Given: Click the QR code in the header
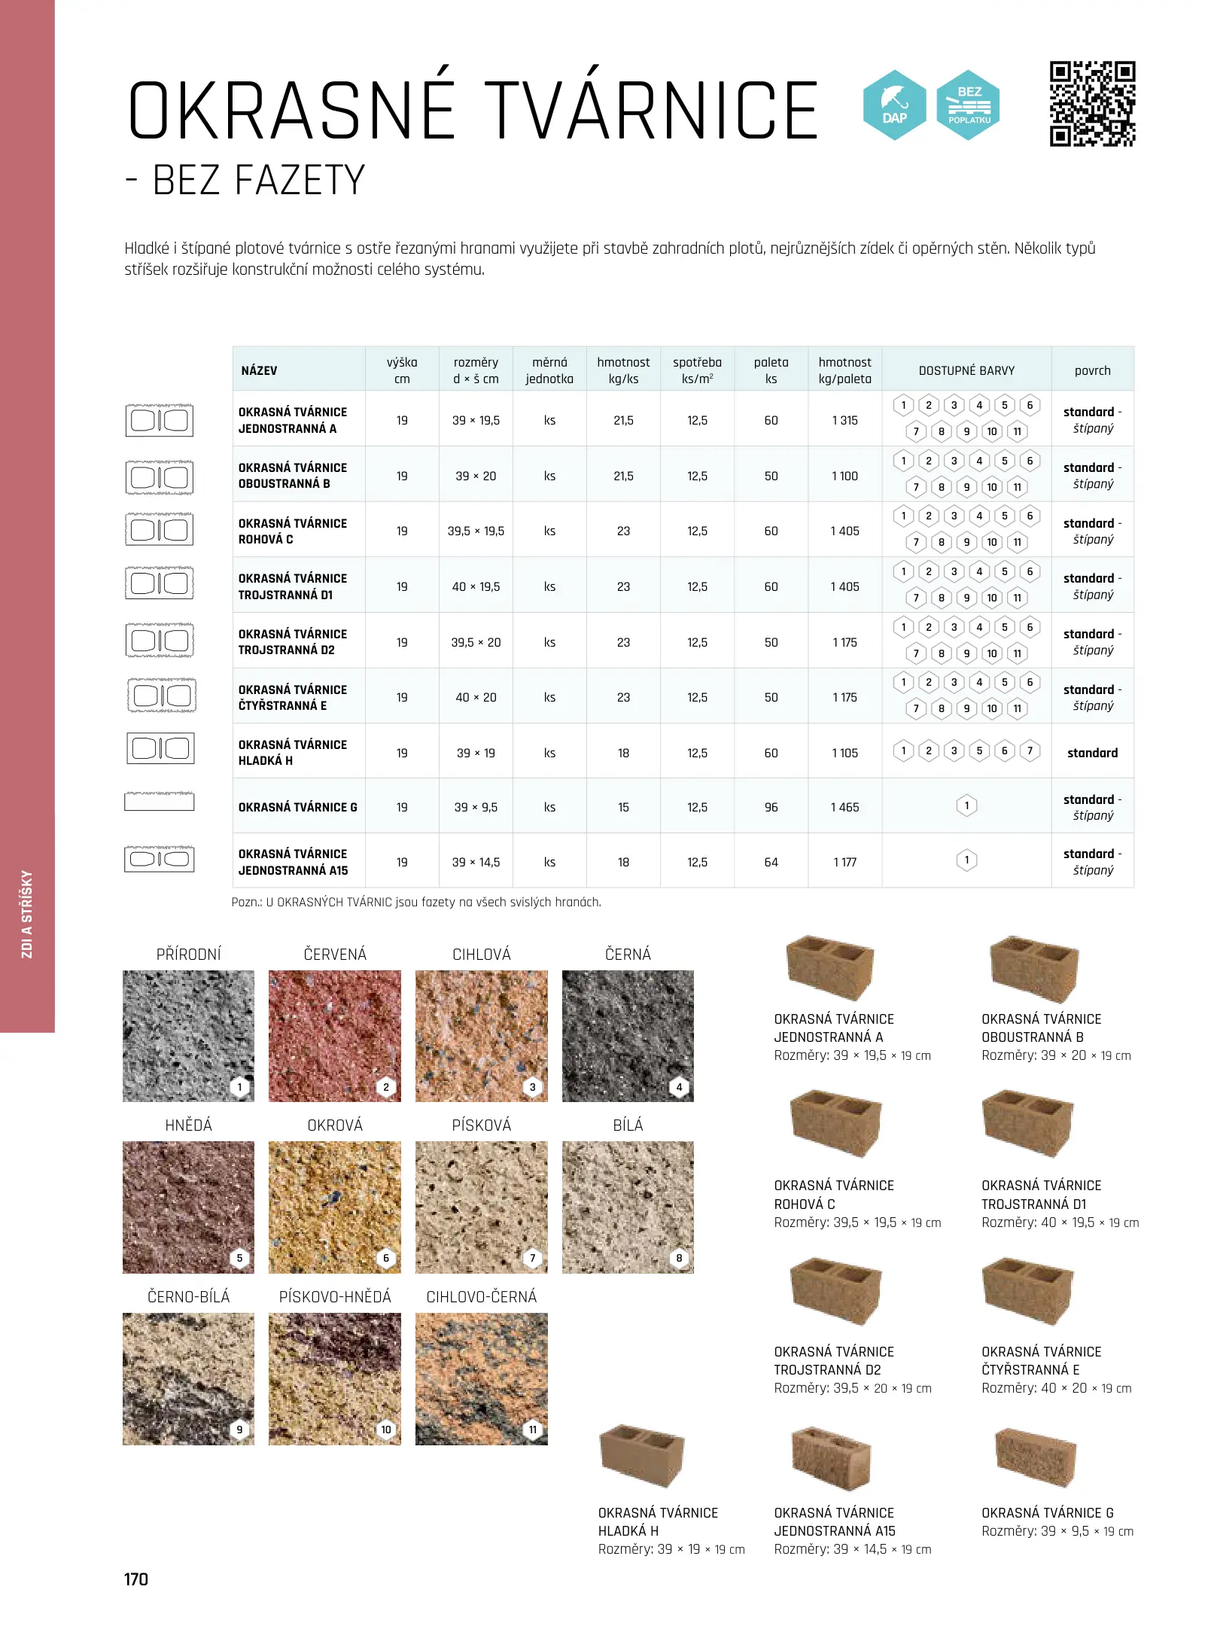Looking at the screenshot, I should [x=1092, y=104].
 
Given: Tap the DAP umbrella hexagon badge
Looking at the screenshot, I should [x=894, y=105].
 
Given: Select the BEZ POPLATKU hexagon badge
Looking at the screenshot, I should [x=969, y=105].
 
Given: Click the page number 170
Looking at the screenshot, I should [x=136, y=1579].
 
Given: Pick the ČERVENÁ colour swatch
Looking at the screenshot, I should [x=335, y=1036].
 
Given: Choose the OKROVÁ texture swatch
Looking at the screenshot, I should [x=335, y=1207].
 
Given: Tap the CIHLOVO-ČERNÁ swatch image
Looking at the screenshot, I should [x=482, y=1378].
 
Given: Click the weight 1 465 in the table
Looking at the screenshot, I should [x=844, y=807].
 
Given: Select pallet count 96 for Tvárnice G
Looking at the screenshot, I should [x=771, y=807].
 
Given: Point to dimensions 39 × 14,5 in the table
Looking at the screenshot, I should [x=476, y=862].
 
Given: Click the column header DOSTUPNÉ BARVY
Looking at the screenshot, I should [x=966, y=370].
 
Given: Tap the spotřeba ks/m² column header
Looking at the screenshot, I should [x=697, y=370].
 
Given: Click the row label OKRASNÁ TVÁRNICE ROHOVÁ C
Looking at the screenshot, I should [x=293, y=531].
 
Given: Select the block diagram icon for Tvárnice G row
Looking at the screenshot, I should [x=160, y=802].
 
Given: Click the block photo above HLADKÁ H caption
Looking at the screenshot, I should [x=642, y=1455].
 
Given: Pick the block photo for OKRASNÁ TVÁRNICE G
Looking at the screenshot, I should [x=1035, y=1459].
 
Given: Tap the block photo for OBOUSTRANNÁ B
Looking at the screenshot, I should [x=1034, y=970].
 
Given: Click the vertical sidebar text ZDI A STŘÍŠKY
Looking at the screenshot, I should [x=27, y=914].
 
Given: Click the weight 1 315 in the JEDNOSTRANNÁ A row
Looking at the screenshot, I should [x=844, y=420].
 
